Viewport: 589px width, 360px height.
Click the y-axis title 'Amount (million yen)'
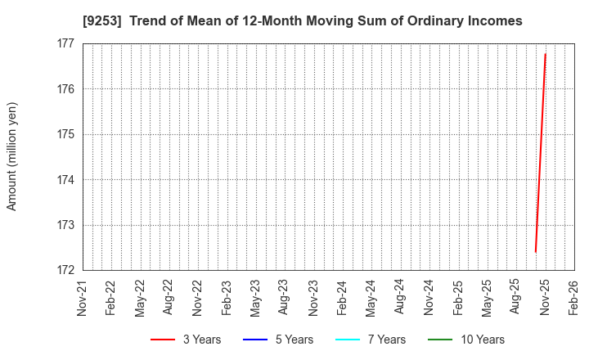coord(12,156)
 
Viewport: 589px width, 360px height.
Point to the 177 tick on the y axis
coord(66,43)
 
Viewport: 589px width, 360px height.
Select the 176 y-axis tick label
coord(66,89)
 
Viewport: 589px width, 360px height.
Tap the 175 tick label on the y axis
coord(66,134)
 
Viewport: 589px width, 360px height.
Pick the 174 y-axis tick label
coord(66,180)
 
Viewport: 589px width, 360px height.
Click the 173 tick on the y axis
coord(66,225)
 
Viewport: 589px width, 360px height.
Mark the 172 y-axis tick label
coord(66,271)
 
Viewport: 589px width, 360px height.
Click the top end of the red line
coord(545,54)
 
